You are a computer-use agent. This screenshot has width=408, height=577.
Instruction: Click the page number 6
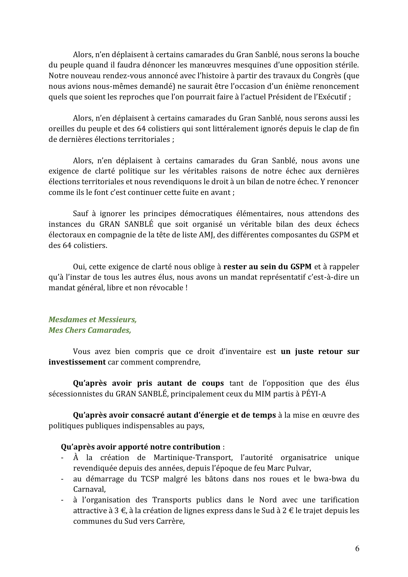pyautogui.click(x=357, y=549)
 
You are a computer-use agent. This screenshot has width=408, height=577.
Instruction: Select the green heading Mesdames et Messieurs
pyautogui.click(x=93, y=319)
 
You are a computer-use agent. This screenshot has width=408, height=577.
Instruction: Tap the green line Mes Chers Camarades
pyautogui.click(x=90, y=330)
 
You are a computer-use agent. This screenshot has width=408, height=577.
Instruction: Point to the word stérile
pyautogui.click(x=346, y=65)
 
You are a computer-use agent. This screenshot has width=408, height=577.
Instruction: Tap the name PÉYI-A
pyautogui.click(x=313, y=394)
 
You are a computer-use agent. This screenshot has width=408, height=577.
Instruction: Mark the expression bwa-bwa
pyautogui.click(x=330, y=479)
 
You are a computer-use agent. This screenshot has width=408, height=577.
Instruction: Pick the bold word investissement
pyautogui.click(x=77, y=362)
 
